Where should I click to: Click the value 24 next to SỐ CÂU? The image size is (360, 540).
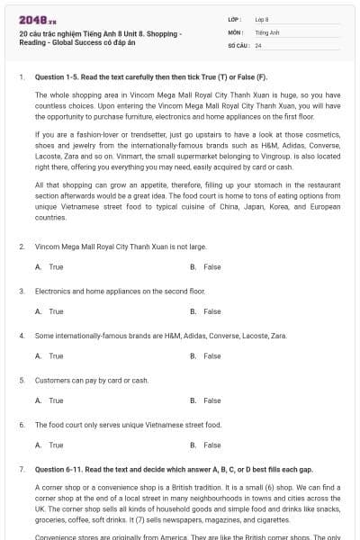point(258,45)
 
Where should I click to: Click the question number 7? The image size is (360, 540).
point(21,469)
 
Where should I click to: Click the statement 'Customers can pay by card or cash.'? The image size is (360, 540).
point(92,380)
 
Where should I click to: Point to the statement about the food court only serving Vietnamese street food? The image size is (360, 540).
point(128,424)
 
